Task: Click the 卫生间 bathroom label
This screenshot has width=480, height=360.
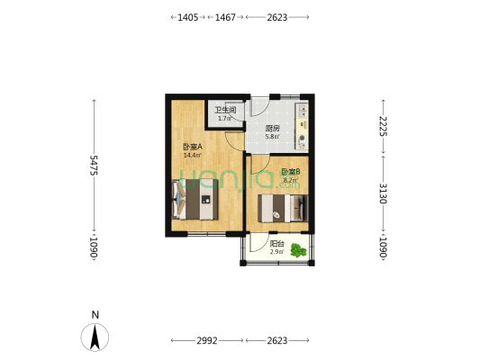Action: click(225, 111)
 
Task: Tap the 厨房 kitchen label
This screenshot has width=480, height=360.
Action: click(272, 129)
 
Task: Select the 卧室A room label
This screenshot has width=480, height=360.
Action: click(192, 148)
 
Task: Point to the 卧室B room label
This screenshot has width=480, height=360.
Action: click(290, 172)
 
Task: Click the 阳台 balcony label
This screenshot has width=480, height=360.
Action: click(277, 244)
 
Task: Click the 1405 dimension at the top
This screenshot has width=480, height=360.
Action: click(188, 17)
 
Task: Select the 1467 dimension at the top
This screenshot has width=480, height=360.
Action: click(225, 17)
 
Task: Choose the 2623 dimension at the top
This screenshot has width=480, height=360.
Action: click(277, 17)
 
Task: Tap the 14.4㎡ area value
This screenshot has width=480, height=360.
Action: click(192, 156)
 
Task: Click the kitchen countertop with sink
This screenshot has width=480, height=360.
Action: click(303, 126)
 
